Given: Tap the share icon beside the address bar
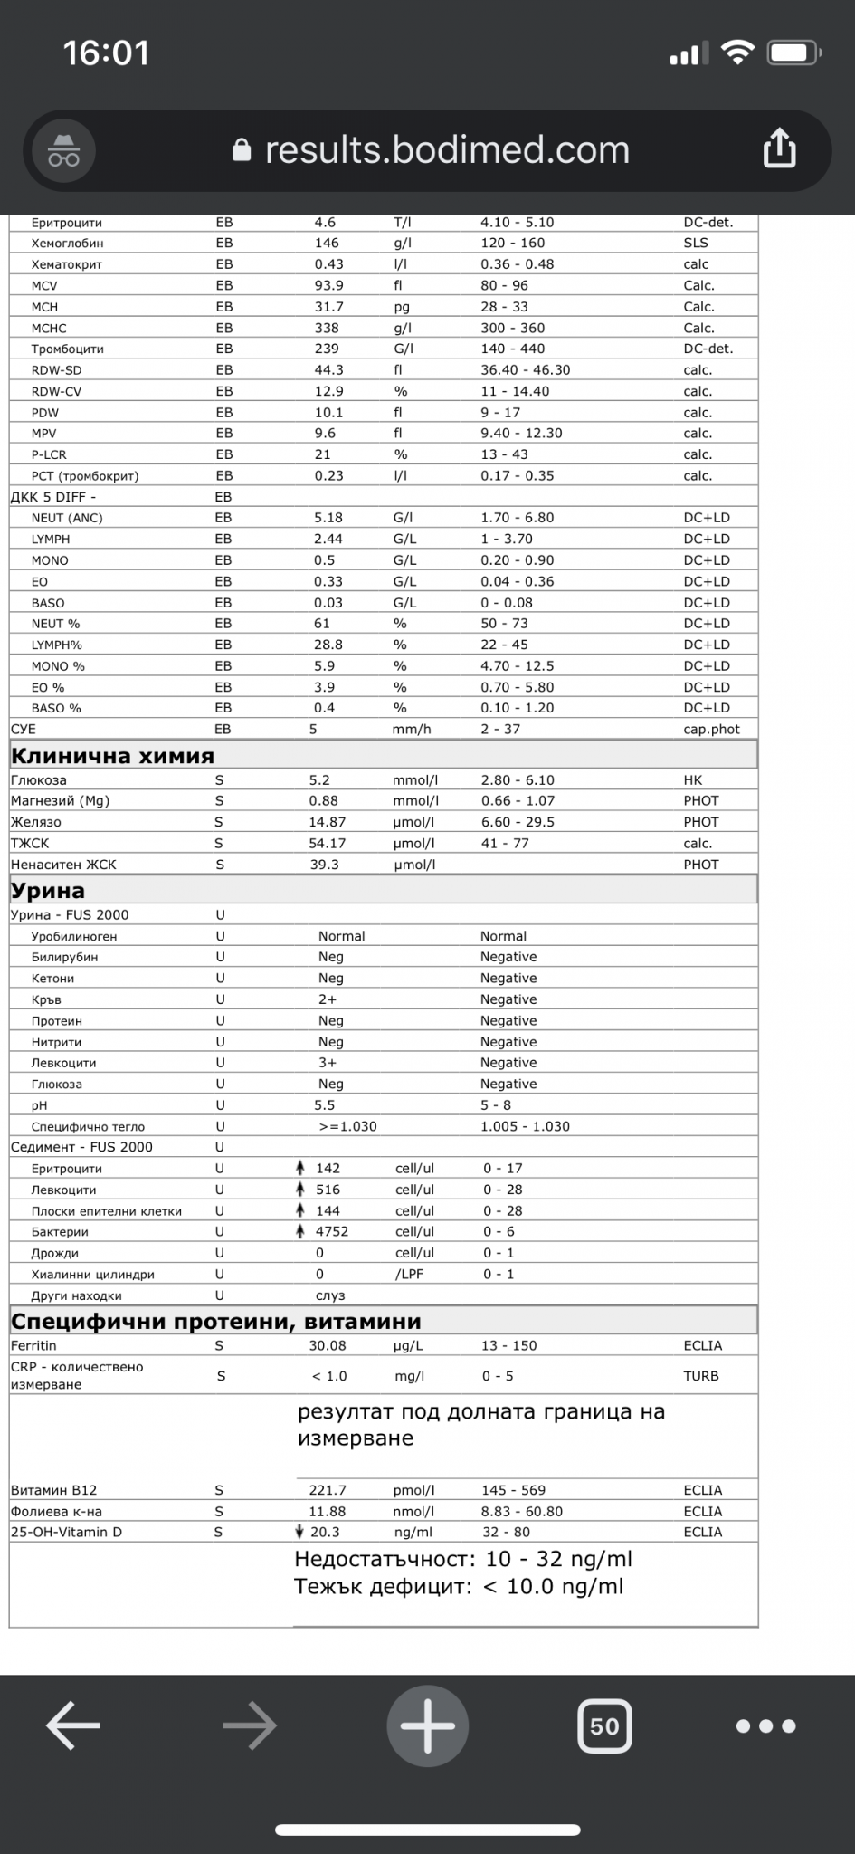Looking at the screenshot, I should click(x=779, y=148).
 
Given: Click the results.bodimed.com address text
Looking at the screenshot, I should click(x=446, y=150).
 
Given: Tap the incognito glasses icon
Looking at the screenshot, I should click(x=63, y=150).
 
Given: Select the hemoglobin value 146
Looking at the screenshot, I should click(x=327, y=243).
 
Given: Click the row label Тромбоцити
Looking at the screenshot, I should click(x=67, y=349).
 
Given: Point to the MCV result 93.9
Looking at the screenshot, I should click(x=328, y=285).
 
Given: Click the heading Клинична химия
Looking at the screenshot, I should click(x=112, y=756).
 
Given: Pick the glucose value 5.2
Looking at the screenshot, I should click(x=319, y=779).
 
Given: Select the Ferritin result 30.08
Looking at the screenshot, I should click(x=328, y=1345).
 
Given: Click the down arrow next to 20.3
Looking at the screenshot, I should click(x=300, y=1532).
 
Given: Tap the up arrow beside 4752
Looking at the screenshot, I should click(x=300, y=1231).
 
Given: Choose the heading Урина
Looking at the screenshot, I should click(x=48, y=890).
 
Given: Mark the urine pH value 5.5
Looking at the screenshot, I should click(x=324, y=1104).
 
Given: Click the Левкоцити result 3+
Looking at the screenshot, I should click(x=326, y=1063).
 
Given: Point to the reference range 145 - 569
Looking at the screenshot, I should click(x=513, y=1489).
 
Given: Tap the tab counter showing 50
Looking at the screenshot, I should click(x=603, y=1726).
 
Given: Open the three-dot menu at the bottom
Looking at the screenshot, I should click(x=765, y=1726).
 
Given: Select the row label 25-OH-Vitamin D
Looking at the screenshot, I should click(x=66, y=1532).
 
